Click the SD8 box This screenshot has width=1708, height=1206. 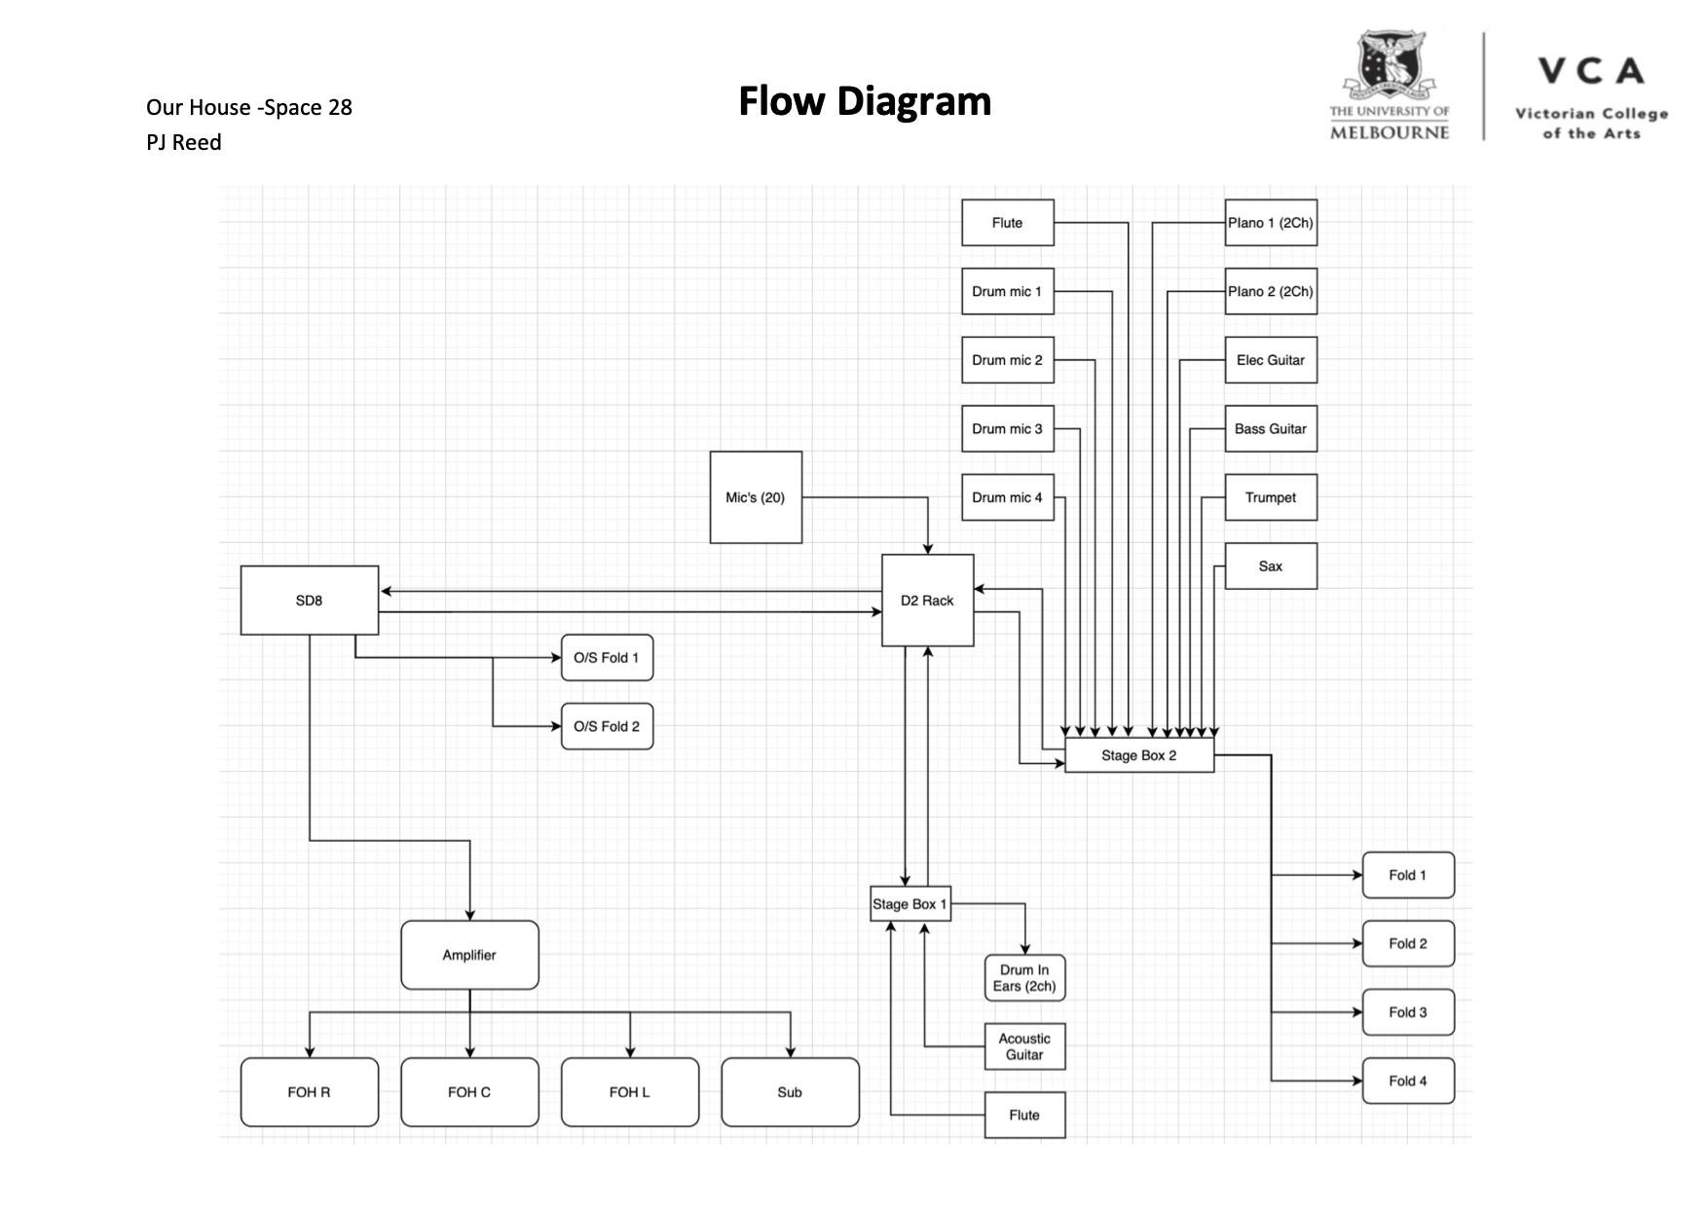[309, 601]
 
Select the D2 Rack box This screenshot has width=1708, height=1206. [927, 601]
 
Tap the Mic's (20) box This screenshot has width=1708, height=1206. [756, 497]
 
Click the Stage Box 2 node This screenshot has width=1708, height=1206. [1139, 755]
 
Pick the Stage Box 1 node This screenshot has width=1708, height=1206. [910, 904]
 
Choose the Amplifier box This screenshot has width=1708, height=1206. [469, 955]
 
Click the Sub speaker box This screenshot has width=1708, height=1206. [790, 1092]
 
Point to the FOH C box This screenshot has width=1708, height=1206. [469, 1092]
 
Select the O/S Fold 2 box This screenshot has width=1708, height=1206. [607, 726]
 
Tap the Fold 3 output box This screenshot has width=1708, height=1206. [1408, 1012]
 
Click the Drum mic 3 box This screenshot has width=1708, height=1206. [1008, 429]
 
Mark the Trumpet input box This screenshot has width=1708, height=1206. [1271, 497]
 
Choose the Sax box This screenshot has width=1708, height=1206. [1271, 566]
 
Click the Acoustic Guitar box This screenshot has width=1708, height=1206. [1024, 1046]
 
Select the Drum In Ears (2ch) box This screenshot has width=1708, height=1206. [1024, 978]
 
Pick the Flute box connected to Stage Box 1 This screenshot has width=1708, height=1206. [1024, 1115]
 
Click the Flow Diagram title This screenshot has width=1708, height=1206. [865, 101]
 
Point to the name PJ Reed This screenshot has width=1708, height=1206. [184, 142]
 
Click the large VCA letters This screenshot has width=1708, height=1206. [1591, 71]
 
